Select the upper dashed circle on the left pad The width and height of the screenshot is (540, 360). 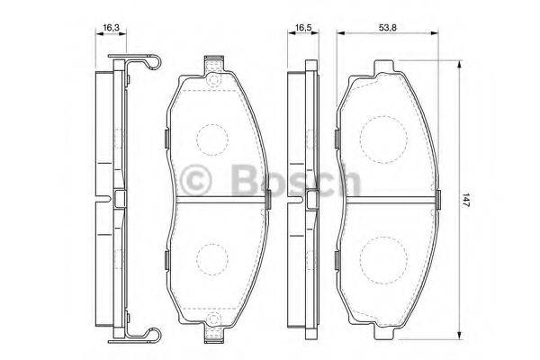pos(213,137)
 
